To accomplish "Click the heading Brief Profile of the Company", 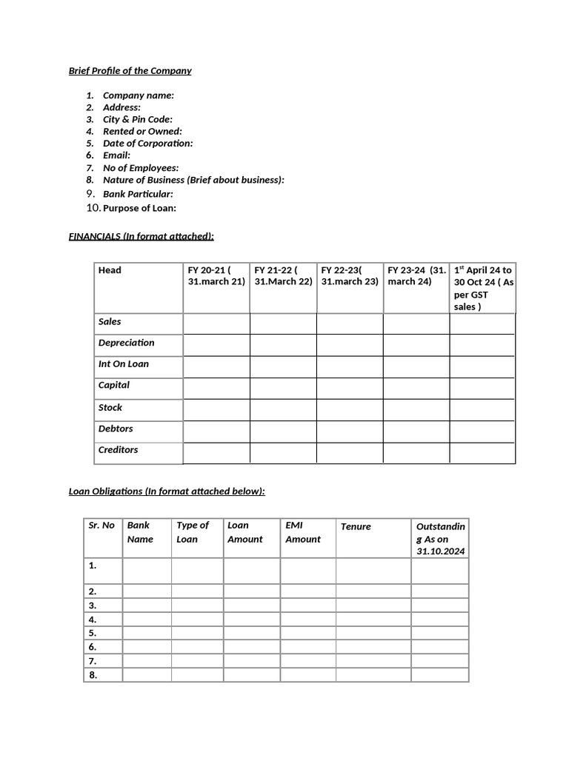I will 130,71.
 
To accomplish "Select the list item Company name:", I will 139,95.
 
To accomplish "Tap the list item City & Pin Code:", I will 137,119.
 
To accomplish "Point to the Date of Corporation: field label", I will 147,143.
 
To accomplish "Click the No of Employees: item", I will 140,168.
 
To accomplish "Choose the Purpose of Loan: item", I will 139,208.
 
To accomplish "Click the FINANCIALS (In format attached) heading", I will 141,236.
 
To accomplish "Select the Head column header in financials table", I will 110,270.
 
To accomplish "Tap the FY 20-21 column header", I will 216,276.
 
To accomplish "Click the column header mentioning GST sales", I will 482,288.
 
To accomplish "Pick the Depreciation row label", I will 127,343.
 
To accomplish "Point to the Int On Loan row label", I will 124,364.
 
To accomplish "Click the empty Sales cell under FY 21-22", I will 283,323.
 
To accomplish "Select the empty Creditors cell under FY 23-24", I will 416,452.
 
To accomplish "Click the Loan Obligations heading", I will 166,491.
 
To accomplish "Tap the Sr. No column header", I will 102,526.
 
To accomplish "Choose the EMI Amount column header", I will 303,532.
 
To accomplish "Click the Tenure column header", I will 356,526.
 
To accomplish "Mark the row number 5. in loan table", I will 93,633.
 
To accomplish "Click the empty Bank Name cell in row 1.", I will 147,571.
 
